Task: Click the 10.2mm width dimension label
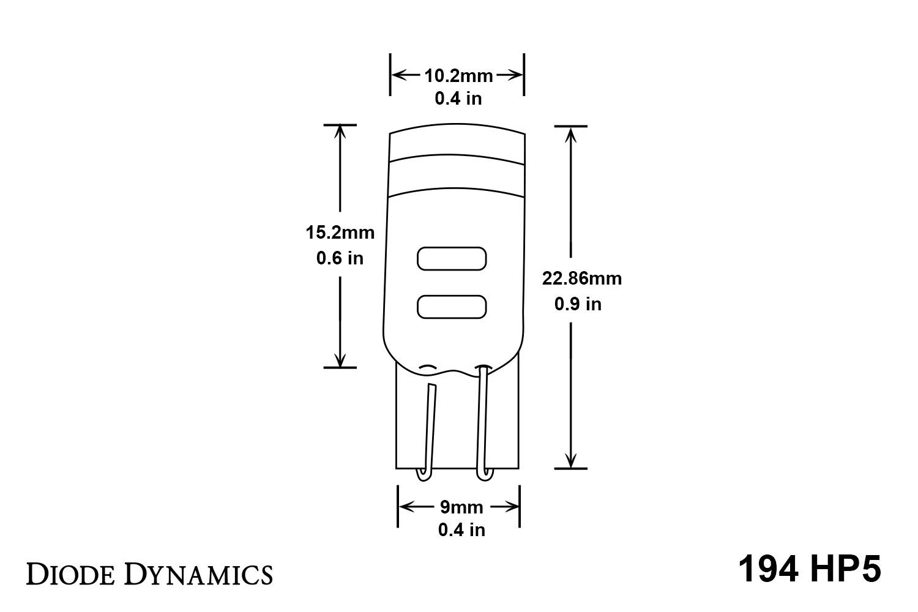458,76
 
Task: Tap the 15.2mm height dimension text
340,233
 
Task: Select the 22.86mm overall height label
581,278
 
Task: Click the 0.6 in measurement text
340,258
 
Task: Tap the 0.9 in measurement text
578,304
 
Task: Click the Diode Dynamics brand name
149,574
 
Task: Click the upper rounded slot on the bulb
452,258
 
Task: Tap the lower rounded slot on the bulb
452,307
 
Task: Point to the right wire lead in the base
483,422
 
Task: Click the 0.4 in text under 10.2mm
458,99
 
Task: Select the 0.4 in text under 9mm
461,530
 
